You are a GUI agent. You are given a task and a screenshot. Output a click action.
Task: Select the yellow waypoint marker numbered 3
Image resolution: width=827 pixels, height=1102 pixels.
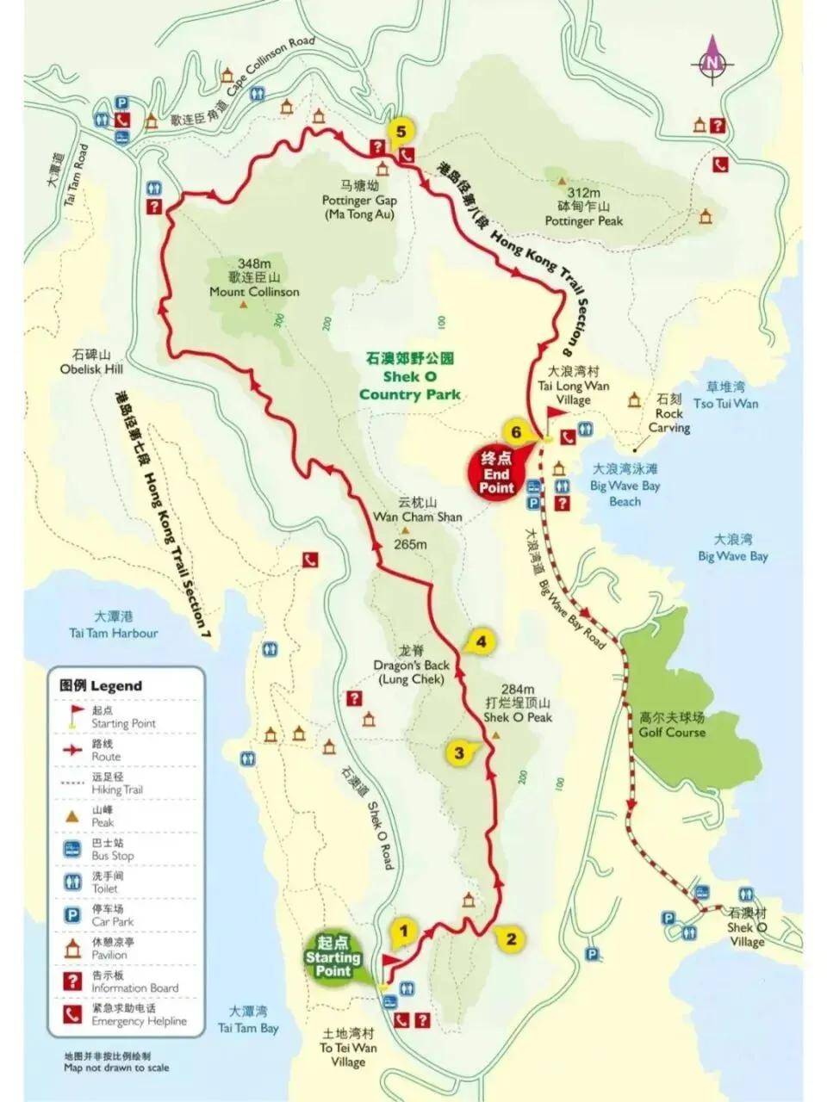click(459, 753)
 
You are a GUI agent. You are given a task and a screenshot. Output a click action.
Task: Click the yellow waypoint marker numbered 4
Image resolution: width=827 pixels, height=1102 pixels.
click(481, 642)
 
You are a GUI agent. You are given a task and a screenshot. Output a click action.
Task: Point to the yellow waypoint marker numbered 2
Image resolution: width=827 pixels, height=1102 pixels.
click(511, 938)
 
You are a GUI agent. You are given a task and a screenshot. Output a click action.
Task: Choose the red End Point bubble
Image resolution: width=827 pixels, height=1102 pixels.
click(497, 473)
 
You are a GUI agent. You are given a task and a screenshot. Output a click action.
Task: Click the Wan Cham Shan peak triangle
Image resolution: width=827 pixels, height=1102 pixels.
click(405, 530)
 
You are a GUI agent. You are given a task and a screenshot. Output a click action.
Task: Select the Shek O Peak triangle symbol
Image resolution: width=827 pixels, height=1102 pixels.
click(496, 734)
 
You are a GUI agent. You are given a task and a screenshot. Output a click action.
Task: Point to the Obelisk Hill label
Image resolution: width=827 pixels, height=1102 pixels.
click(92, 362)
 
